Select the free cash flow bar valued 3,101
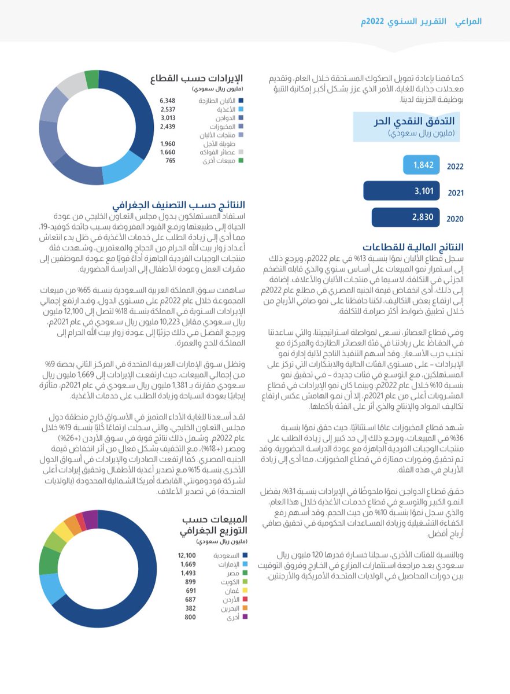pos(401,191)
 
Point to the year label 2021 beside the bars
pos(455,193)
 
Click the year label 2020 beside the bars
pos(455,220)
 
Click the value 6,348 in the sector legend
pos(168,101)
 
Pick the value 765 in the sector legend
pos(170,161)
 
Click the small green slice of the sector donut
pos(91,79)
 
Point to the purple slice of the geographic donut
pos(90,519)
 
